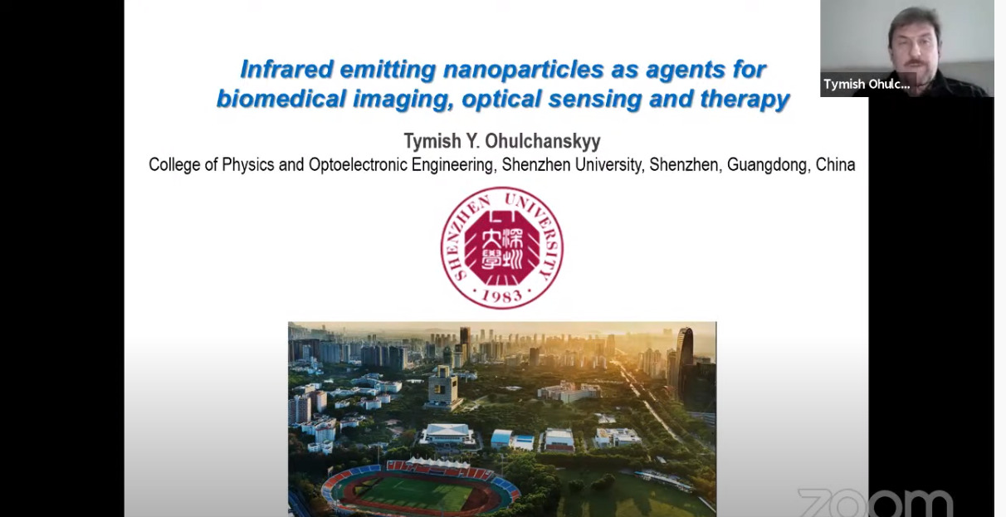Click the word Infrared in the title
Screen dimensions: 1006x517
(286, 69)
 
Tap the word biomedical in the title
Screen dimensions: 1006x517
(281, 99)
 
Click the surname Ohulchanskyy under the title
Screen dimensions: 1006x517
(543, 141)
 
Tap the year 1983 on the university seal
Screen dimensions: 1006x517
(501, 295)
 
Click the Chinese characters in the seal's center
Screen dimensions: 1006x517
(501, 248)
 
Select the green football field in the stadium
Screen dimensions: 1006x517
(415, 494)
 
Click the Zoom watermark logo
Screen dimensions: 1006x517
(876, 503)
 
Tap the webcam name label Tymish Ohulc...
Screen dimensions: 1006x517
(867, 85)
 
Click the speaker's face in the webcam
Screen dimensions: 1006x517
(915, 45)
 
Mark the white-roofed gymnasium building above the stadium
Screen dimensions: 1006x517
(447, 433)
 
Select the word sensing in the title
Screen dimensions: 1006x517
(595, 100)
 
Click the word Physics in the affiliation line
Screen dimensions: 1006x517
(248, 165)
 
